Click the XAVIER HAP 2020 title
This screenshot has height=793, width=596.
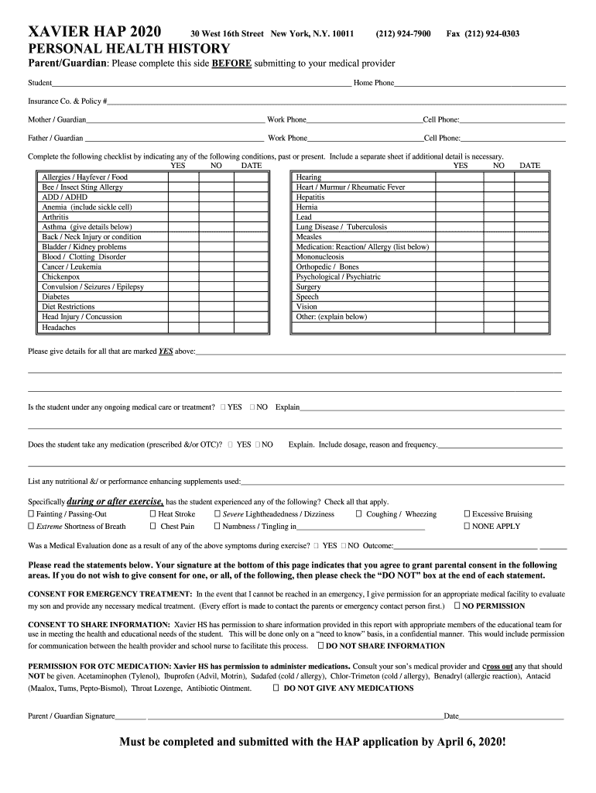point(95,33)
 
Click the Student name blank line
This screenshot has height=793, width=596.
point(201,84)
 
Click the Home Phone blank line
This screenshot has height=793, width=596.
point(480,84)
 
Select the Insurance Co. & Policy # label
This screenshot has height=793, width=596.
point(67,101)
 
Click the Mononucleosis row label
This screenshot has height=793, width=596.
point(320,256)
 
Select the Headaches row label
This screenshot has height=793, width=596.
point(59,328)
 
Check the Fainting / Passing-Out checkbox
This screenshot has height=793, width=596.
point(32,514)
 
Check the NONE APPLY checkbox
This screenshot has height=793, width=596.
point(467,527)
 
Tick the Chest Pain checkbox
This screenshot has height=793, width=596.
point(152,527)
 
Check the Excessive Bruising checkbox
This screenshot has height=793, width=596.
point(467,514)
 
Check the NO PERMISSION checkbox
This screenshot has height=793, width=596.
point(458,606)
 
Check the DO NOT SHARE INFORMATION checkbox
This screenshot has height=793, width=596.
point(321,646)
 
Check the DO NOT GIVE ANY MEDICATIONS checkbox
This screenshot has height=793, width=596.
point(276,688)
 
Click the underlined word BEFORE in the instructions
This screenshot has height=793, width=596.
point(231,64)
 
